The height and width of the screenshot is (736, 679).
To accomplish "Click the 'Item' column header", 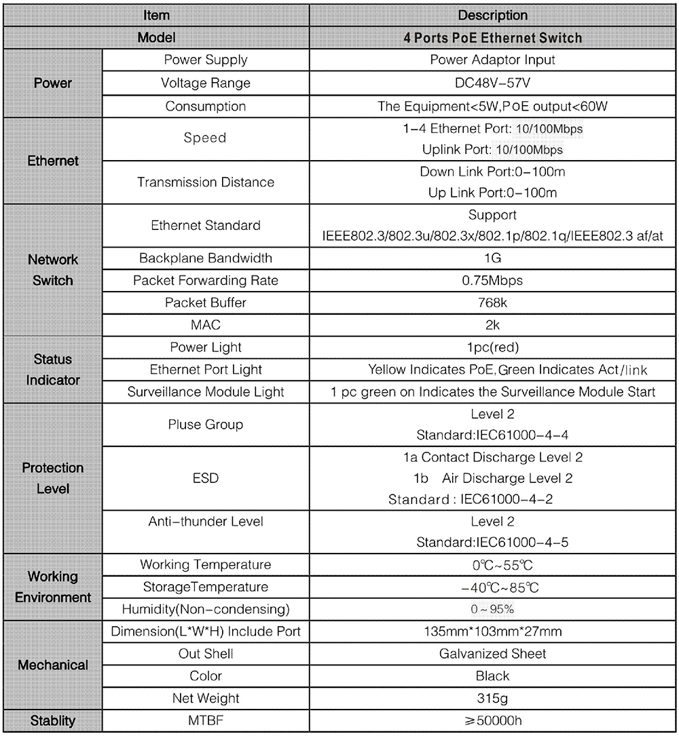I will tap(156, 15).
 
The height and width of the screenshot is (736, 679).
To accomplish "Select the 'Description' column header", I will tap(493, 15).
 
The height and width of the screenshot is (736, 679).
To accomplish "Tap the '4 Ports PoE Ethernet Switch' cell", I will tap(493, 37).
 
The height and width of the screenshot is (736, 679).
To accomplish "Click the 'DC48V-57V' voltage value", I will tap(493, 83).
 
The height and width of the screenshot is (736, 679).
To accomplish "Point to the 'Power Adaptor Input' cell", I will tap(493, 60).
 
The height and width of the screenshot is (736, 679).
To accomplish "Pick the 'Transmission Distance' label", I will tap(205, 182).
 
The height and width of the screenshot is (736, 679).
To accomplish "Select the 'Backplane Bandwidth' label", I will tap(205, 258).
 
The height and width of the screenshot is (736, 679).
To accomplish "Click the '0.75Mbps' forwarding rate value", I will tap(493, 280).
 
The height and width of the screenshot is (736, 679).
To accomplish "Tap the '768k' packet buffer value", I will tap(493, 303).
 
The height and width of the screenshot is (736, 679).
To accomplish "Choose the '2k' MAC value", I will tap(493, 325).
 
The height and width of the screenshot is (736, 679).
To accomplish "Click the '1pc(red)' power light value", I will tap(493, 347).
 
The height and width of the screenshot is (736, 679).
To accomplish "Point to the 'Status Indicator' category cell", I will tap(53, 370).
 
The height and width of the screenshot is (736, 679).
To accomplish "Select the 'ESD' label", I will tap(205, 478).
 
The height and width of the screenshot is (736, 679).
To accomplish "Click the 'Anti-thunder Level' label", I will tap(205, 522).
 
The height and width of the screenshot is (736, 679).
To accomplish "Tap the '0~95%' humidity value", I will tap(493, 608).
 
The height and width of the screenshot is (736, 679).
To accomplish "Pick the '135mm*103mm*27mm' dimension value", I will tap(493, 632).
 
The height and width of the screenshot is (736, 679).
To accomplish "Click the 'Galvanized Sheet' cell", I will tap(493, 654).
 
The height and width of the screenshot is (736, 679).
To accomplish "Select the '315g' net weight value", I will tap(493, 698).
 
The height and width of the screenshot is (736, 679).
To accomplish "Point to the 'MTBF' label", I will tap(205, 720).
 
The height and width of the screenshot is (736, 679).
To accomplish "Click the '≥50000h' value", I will tap(493, 720).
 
